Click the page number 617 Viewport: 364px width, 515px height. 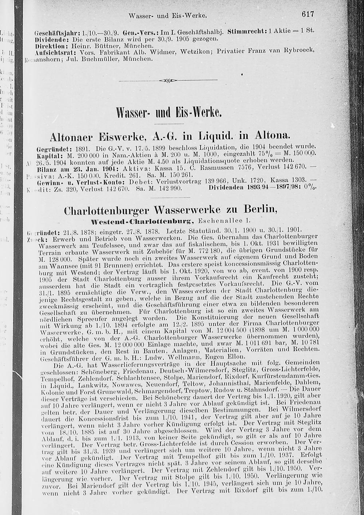[307, 14]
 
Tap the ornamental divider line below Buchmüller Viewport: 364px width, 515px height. [168, 80]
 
